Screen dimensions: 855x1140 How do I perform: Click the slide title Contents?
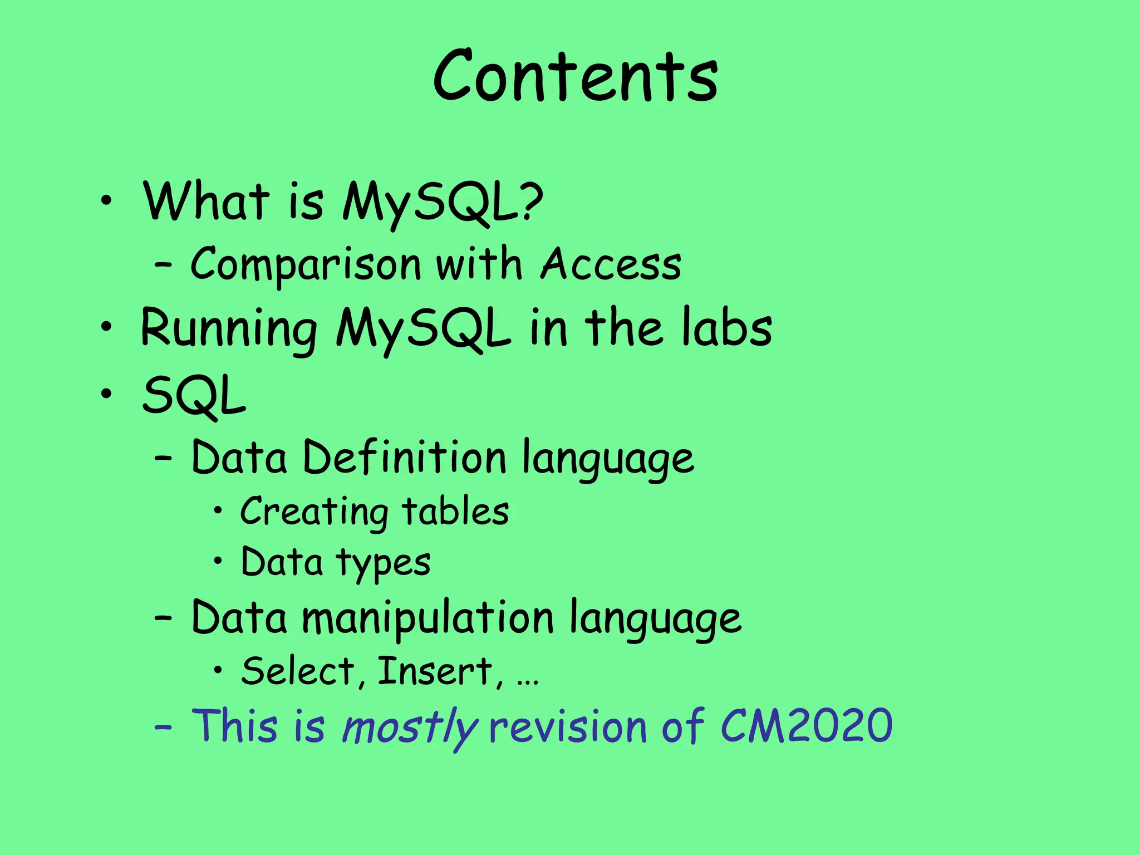coord(576,76)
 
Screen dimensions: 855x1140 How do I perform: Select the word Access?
coord(611,264)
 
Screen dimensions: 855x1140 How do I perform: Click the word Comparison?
coord(306,265)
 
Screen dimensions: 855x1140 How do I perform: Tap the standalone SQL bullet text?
coord(194,396)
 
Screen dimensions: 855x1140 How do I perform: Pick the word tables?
coord(455,512)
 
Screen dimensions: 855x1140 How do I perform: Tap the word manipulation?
coord(427,618)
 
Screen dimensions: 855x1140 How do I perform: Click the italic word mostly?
coord(410,726)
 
